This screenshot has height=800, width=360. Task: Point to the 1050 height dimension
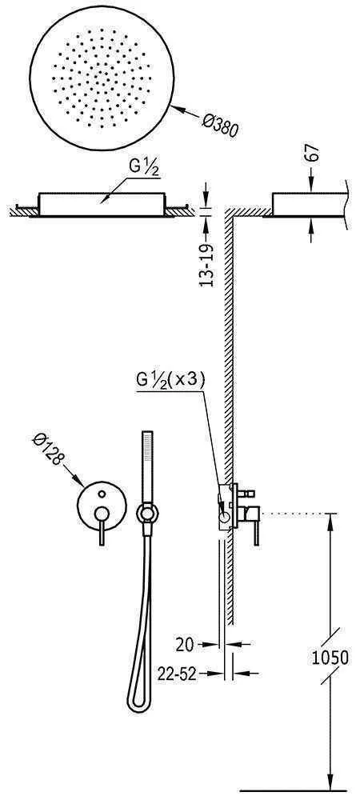(x=330, y=658)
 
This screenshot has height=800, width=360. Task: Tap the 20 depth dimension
(x=184, y=642)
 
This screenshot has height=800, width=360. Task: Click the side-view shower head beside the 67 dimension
(x=304, y=203)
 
